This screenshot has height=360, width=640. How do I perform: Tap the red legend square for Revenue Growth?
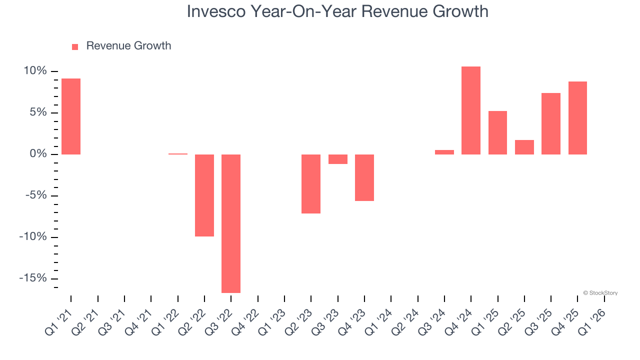click(75, 46)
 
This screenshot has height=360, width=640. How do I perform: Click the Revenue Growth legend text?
click(128, 46)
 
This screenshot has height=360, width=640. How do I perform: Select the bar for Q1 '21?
click(71, 116)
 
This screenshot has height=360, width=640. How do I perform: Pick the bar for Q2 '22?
click(204, 195)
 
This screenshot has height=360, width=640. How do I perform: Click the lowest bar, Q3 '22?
click(231, 223)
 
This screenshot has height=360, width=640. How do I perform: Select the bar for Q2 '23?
click(311, 183)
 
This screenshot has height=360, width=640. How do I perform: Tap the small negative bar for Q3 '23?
click(338, 159)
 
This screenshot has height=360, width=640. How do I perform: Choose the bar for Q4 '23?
click(364, 177)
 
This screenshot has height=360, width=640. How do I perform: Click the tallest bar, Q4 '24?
click(471, 110)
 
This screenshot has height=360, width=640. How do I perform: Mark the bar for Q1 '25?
click(497, 132)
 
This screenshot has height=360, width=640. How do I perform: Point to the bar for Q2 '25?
click(524, 147)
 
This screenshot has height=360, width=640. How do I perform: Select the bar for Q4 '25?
click(577, 118)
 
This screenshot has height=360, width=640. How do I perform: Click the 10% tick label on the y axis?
click(35, 71)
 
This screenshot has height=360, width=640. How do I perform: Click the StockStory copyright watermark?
click(600, 293)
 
